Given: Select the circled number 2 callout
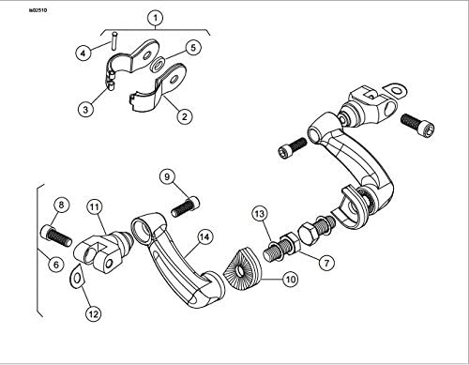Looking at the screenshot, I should tap(184, 116).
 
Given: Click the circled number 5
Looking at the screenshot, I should tap(193, 46).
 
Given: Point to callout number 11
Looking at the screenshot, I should tap(95, 205).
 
